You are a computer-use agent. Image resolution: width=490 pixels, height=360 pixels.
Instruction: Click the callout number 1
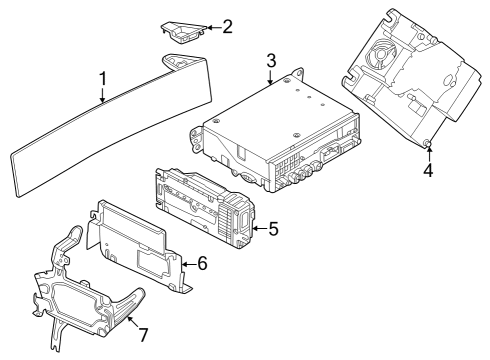point(102,78)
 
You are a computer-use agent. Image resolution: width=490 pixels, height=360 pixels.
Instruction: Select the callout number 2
point(227,26)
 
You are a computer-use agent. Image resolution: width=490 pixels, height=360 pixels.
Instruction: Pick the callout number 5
point(272,229)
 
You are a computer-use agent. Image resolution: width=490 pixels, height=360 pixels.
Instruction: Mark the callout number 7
point(142,331)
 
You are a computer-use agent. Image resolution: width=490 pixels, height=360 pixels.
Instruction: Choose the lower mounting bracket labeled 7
point(85,290)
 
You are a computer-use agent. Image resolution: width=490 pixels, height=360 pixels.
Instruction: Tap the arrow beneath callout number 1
point(102,95)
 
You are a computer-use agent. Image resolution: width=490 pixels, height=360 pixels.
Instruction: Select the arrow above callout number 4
point(428,152)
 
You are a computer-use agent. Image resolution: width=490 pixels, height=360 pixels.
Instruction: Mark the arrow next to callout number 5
point(257,229)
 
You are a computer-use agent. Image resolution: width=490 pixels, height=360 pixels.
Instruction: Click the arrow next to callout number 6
point(187,263)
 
